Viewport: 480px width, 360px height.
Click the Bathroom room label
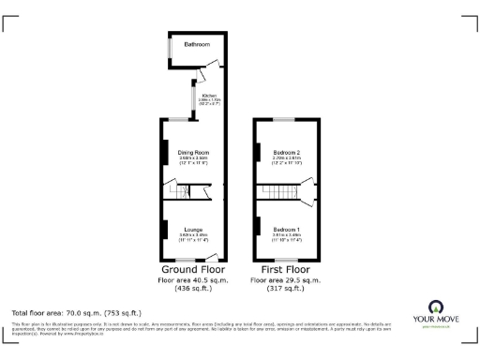coord(196,45)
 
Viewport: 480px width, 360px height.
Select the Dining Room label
coord(193,152)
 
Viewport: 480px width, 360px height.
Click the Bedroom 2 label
coord(286,152)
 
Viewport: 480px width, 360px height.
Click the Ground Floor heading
coord(192,269)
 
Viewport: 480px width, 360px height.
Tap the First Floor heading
coord(286,269)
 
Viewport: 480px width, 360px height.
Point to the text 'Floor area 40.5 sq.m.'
coord(192,279)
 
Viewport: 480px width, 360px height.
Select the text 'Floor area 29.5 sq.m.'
coord(286,279)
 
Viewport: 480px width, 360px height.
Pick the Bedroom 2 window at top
coord(284,119)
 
